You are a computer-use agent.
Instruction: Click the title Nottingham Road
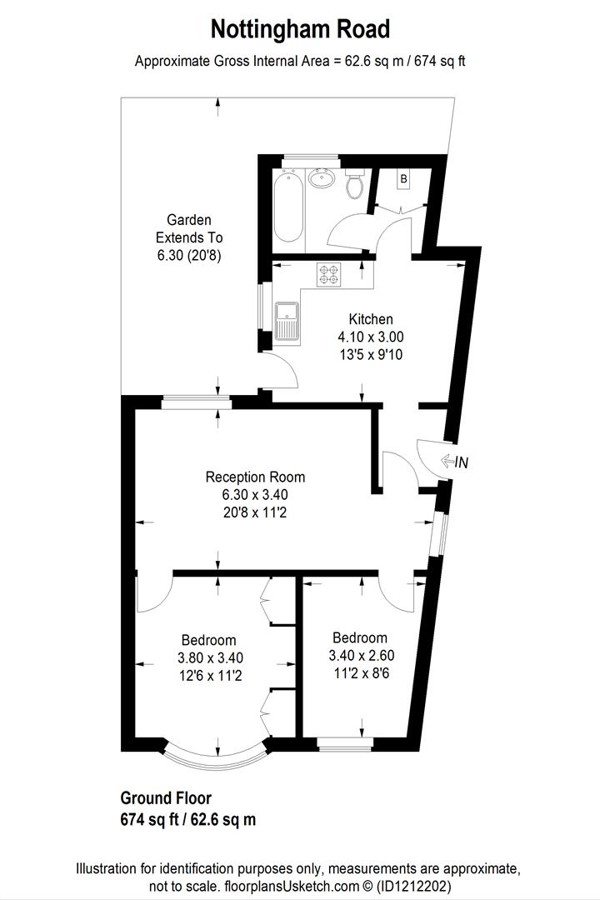(300, 30)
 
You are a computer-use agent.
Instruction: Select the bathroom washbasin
(321, 177)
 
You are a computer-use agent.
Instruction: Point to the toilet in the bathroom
(356, 185)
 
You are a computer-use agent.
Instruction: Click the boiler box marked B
(403, 179)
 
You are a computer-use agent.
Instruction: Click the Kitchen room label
(371, 319)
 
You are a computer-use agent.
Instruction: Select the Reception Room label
(255, 477)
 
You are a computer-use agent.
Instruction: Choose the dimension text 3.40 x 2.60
(359, 656)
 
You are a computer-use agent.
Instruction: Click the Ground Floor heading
(166, 798)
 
